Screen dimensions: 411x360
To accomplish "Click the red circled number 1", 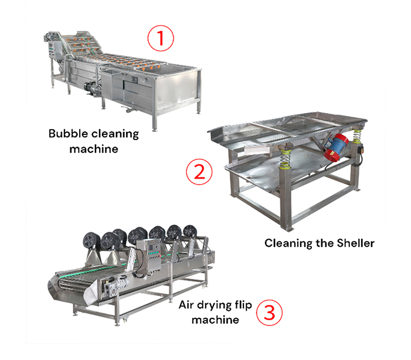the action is point(161,38).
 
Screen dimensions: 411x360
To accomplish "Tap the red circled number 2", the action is point(199,171).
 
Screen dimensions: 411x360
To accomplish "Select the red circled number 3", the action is point(269,313).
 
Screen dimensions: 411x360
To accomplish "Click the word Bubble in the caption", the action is point(68,134).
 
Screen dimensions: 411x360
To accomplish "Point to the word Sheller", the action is point(355,243).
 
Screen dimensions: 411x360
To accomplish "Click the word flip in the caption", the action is point(243,305).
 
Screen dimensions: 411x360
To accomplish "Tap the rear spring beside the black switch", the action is point(356,135).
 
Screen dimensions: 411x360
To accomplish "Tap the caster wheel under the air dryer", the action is point(125,320).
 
